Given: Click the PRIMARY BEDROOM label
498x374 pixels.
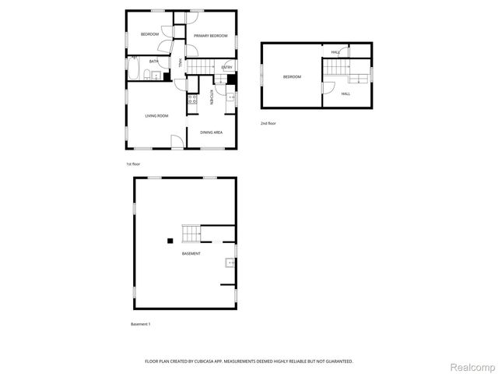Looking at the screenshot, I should tap(211, 35).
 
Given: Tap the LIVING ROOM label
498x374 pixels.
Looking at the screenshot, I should tap(156, 116).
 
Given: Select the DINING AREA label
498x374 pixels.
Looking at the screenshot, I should tap(212, 132).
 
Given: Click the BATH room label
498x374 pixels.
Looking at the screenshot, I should tap(154, 62).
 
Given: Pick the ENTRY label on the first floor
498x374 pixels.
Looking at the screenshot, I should tap(226, 68).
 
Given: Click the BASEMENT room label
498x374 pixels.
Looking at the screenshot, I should tap(191, 254).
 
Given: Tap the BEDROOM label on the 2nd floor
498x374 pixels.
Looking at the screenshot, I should tap(292, 76).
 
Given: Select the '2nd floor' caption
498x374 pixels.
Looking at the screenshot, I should tap(268, 123).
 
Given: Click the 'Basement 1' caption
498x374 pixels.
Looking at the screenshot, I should tap(140, 323).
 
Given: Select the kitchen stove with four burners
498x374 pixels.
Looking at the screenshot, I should tap(191, 99).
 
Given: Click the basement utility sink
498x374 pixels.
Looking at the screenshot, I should tap(230, 263).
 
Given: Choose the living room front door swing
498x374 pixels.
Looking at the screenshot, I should tap(177, 141).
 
